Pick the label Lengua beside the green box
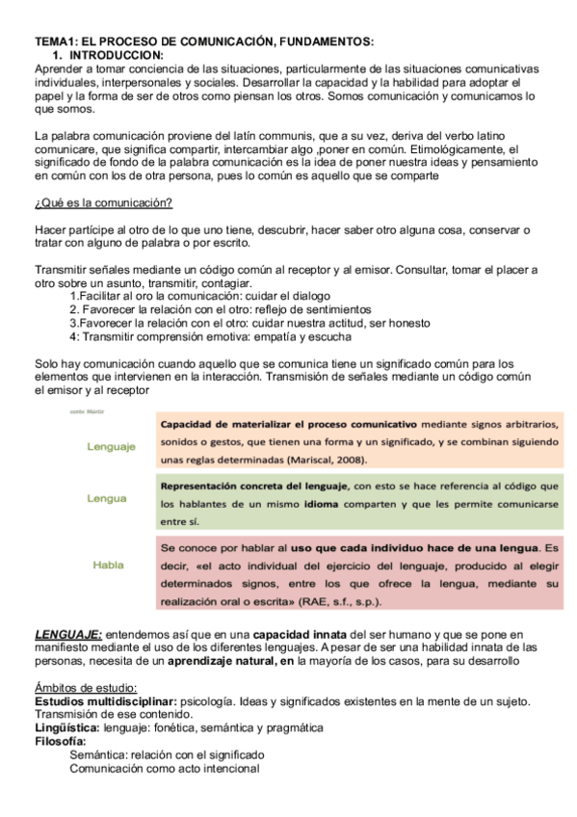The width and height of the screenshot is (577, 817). pyautogui.click(x=106, y=498)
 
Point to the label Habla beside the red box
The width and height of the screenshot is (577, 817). pyautogui.click(x=108, y=565)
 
